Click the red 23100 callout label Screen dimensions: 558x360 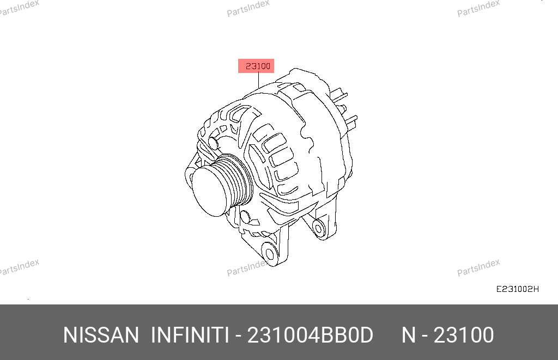256,66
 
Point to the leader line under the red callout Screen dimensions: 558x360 259,81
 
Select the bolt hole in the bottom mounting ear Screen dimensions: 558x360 270,254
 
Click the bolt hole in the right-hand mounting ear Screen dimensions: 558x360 318,228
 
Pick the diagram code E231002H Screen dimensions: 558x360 518,289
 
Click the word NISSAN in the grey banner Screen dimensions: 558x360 101,335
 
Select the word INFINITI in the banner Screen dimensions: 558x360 190,335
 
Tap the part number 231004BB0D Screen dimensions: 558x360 310,335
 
